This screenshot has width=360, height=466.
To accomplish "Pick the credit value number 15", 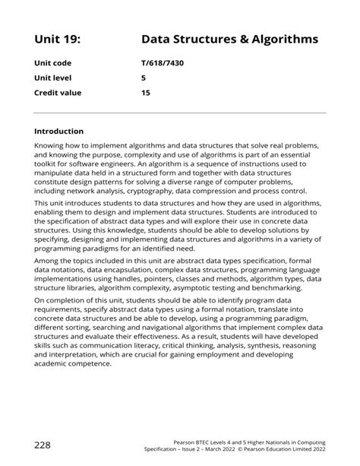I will (146, 93).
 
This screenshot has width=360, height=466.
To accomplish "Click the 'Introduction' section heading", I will (59, 131).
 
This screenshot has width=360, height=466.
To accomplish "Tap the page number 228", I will (43, 443).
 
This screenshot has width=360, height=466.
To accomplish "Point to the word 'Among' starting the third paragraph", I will (49, 262).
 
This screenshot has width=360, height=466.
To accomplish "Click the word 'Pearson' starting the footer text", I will (187, 441).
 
